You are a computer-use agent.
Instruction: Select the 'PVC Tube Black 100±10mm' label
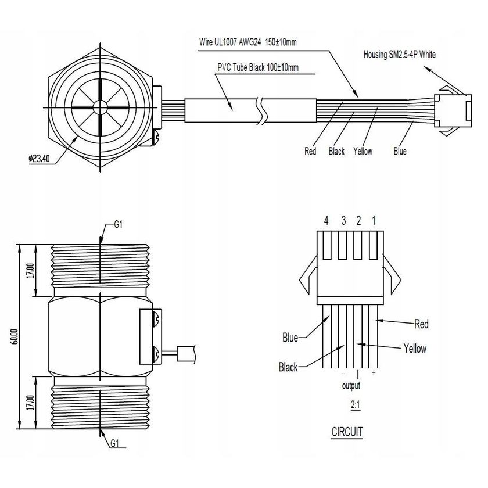258,68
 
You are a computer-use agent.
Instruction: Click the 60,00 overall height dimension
15,337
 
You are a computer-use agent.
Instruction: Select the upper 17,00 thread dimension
30,270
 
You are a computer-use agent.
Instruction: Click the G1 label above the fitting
117,225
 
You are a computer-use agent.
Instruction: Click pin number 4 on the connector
326,221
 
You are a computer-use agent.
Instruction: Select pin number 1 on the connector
373,221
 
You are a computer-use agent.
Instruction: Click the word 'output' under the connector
351,385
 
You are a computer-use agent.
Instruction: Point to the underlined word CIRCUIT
347,432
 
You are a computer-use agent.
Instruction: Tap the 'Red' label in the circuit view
421,324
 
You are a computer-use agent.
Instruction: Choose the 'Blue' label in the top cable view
400,152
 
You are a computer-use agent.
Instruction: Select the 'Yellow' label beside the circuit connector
414,349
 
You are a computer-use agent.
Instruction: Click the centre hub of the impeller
99,107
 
